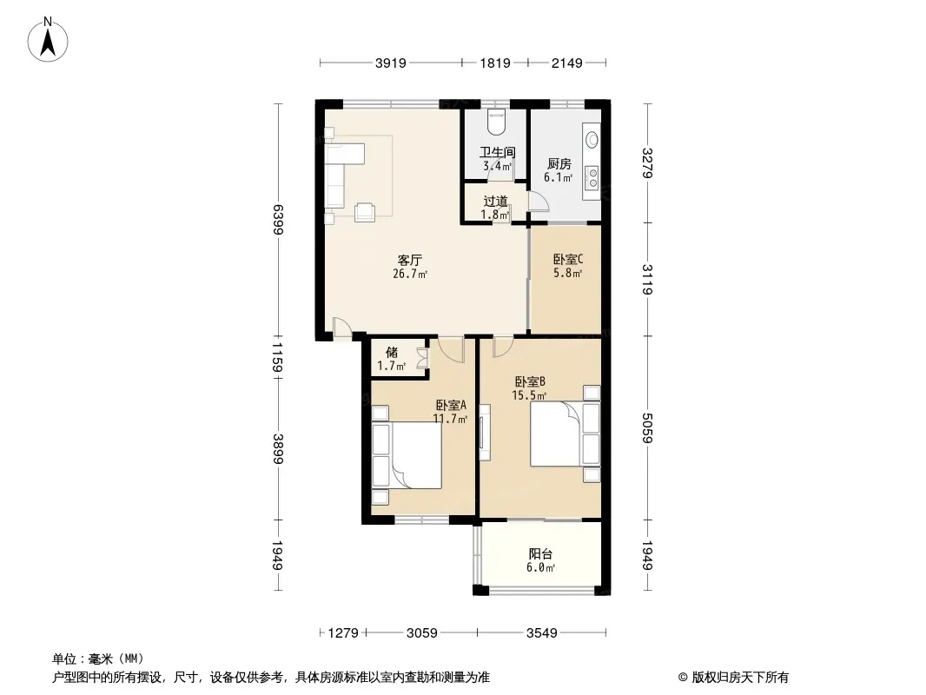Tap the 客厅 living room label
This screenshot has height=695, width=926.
pos(410,260)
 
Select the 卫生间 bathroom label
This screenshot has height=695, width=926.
pos(497,153)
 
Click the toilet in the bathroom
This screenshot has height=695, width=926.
pos(496,122)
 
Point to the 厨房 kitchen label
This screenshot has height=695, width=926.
pos(558,163)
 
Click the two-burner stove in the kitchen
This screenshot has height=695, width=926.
pos(593,177)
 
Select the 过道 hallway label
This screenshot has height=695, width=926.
pos(495,201)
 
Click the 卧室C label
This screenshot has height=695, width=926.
pos(567,259)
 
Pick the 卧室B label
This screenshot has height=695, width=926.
pos(529,381)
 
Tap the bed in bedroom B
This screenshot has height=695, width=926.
pos(556,434)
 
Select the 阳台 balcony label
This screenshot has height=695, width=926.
pos(540,554)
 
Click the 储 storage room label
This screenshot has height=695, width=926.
pos(392,352)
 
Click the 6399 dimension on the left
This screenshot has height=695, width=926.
pos(278,220)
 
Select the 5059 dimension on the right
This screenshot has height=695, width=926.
pos(646,427)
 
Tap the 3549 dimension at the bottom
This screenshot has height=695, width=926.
pos(540,633)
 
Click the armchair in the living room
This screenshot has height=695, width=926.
pos(366,210)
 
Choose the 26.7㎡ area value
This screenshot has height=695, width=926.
pos(410,275)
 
